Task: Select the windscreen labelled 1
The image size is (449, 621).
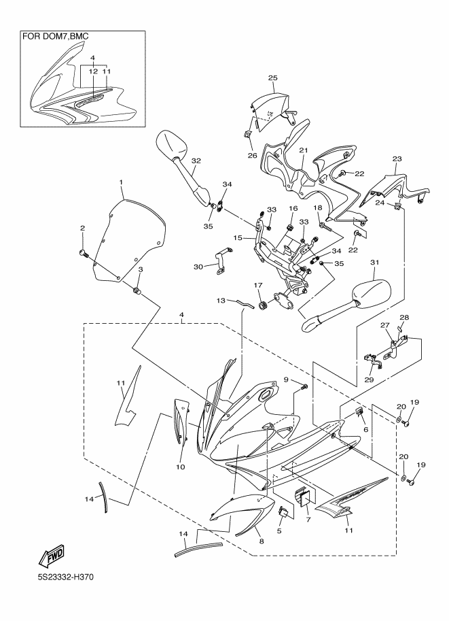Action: click(129, 238)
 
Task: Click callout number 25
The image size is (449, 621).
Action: click(272, 78)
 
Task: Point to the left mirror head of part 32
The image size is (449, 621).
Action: click(170, 144)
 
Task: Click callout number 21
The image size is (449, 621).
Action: click(304, 150)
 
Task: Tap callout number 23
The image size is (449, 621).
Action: click(398, 159)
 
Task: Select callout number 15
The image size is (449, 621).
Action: click(238, 238)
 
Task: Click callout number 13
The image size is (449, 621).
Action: click(221, 300)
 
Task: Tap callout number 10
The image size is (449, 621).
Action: click(181, 467)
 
